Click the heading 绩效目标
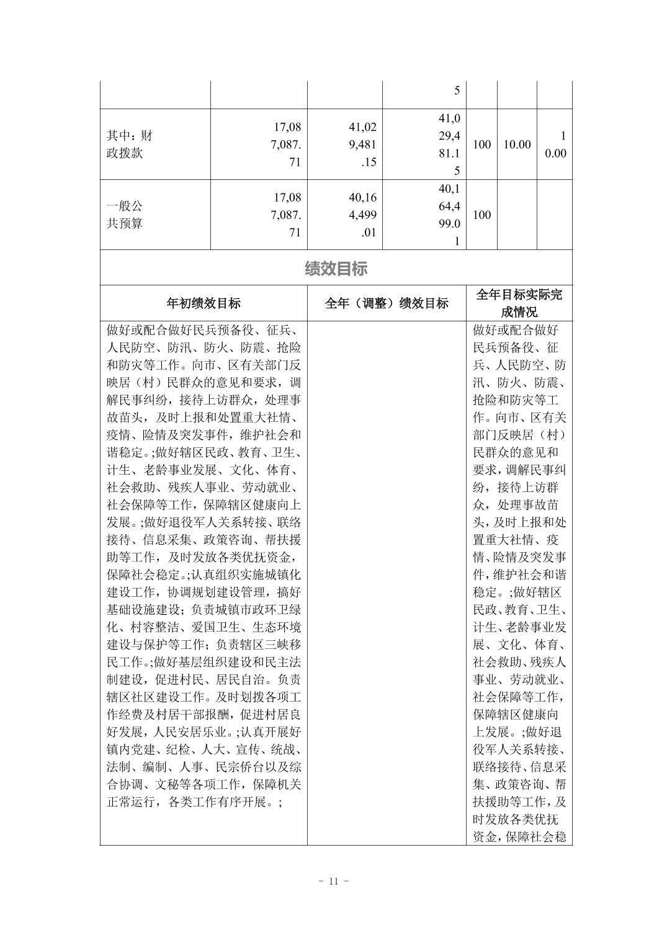336,269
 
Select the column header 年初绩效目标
204,303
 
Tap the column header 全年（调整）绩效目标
387,303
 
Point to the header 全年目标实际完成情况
519,303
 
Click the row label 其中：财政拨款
129,145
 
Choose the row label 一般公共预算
125,215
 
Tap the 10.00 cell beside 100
517,145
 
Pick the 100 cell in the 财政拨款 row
481,145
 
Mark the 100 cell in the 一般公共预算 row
481,215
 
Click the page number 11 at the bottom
333,882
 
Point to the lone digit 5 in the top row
457,91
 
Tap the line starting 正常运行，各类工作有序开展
194,802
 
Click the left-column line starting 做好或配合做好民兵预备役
204,330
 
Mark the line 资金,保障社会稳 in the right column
519,837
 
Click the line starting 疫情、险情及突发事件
204,434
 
